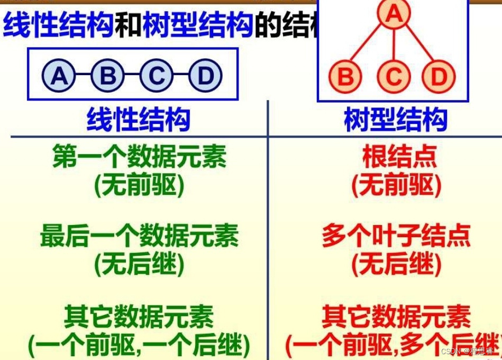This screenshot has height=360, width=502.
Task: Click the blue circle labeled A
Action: coord(59,76)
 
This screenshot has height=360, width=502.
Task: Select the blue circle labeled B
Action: coord(107,76)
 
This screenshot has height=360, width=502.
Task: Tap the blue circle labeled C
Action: coord(156,76)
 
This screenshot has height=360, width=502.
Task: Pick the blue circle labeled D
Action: coord(205,76)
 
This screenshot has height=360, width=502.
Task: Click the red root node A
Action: coord(394,14)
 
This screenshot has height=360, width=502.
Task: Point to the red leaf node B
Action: coord(345,76)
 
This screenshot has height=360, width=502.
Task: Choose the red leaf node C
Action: coord(394,76)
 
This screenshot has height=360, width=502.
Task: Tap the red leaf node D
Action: coord(439,76)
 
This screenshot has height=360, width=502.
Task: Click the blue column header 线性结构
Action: coord(138,120)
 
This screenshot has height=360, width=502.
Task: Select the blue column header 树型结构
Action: coord(396,120)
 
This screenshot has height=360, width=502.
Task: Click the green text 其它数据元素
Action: coord(139,317)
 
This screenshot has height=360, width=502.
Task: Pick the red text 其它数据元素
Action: coord(396,317)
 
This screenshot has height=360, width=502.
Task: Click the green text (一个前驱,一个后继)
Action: coord(139,346)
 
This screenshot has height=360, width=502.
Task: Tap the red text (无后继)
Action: coord(396,265)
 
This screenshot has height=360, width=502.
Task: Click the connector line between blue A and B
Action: coord(83,76)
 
